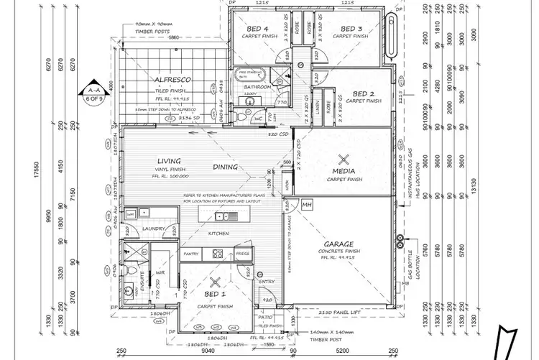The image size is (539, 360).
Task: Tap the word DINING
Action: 226,167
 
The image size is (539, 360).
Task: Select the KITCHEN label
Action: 218,234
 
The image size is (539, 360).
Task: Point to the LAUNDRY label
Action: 153,229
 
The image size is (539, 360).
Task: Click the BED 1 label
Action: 214,295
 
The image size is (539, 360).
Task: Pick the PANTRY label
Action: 191,254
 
